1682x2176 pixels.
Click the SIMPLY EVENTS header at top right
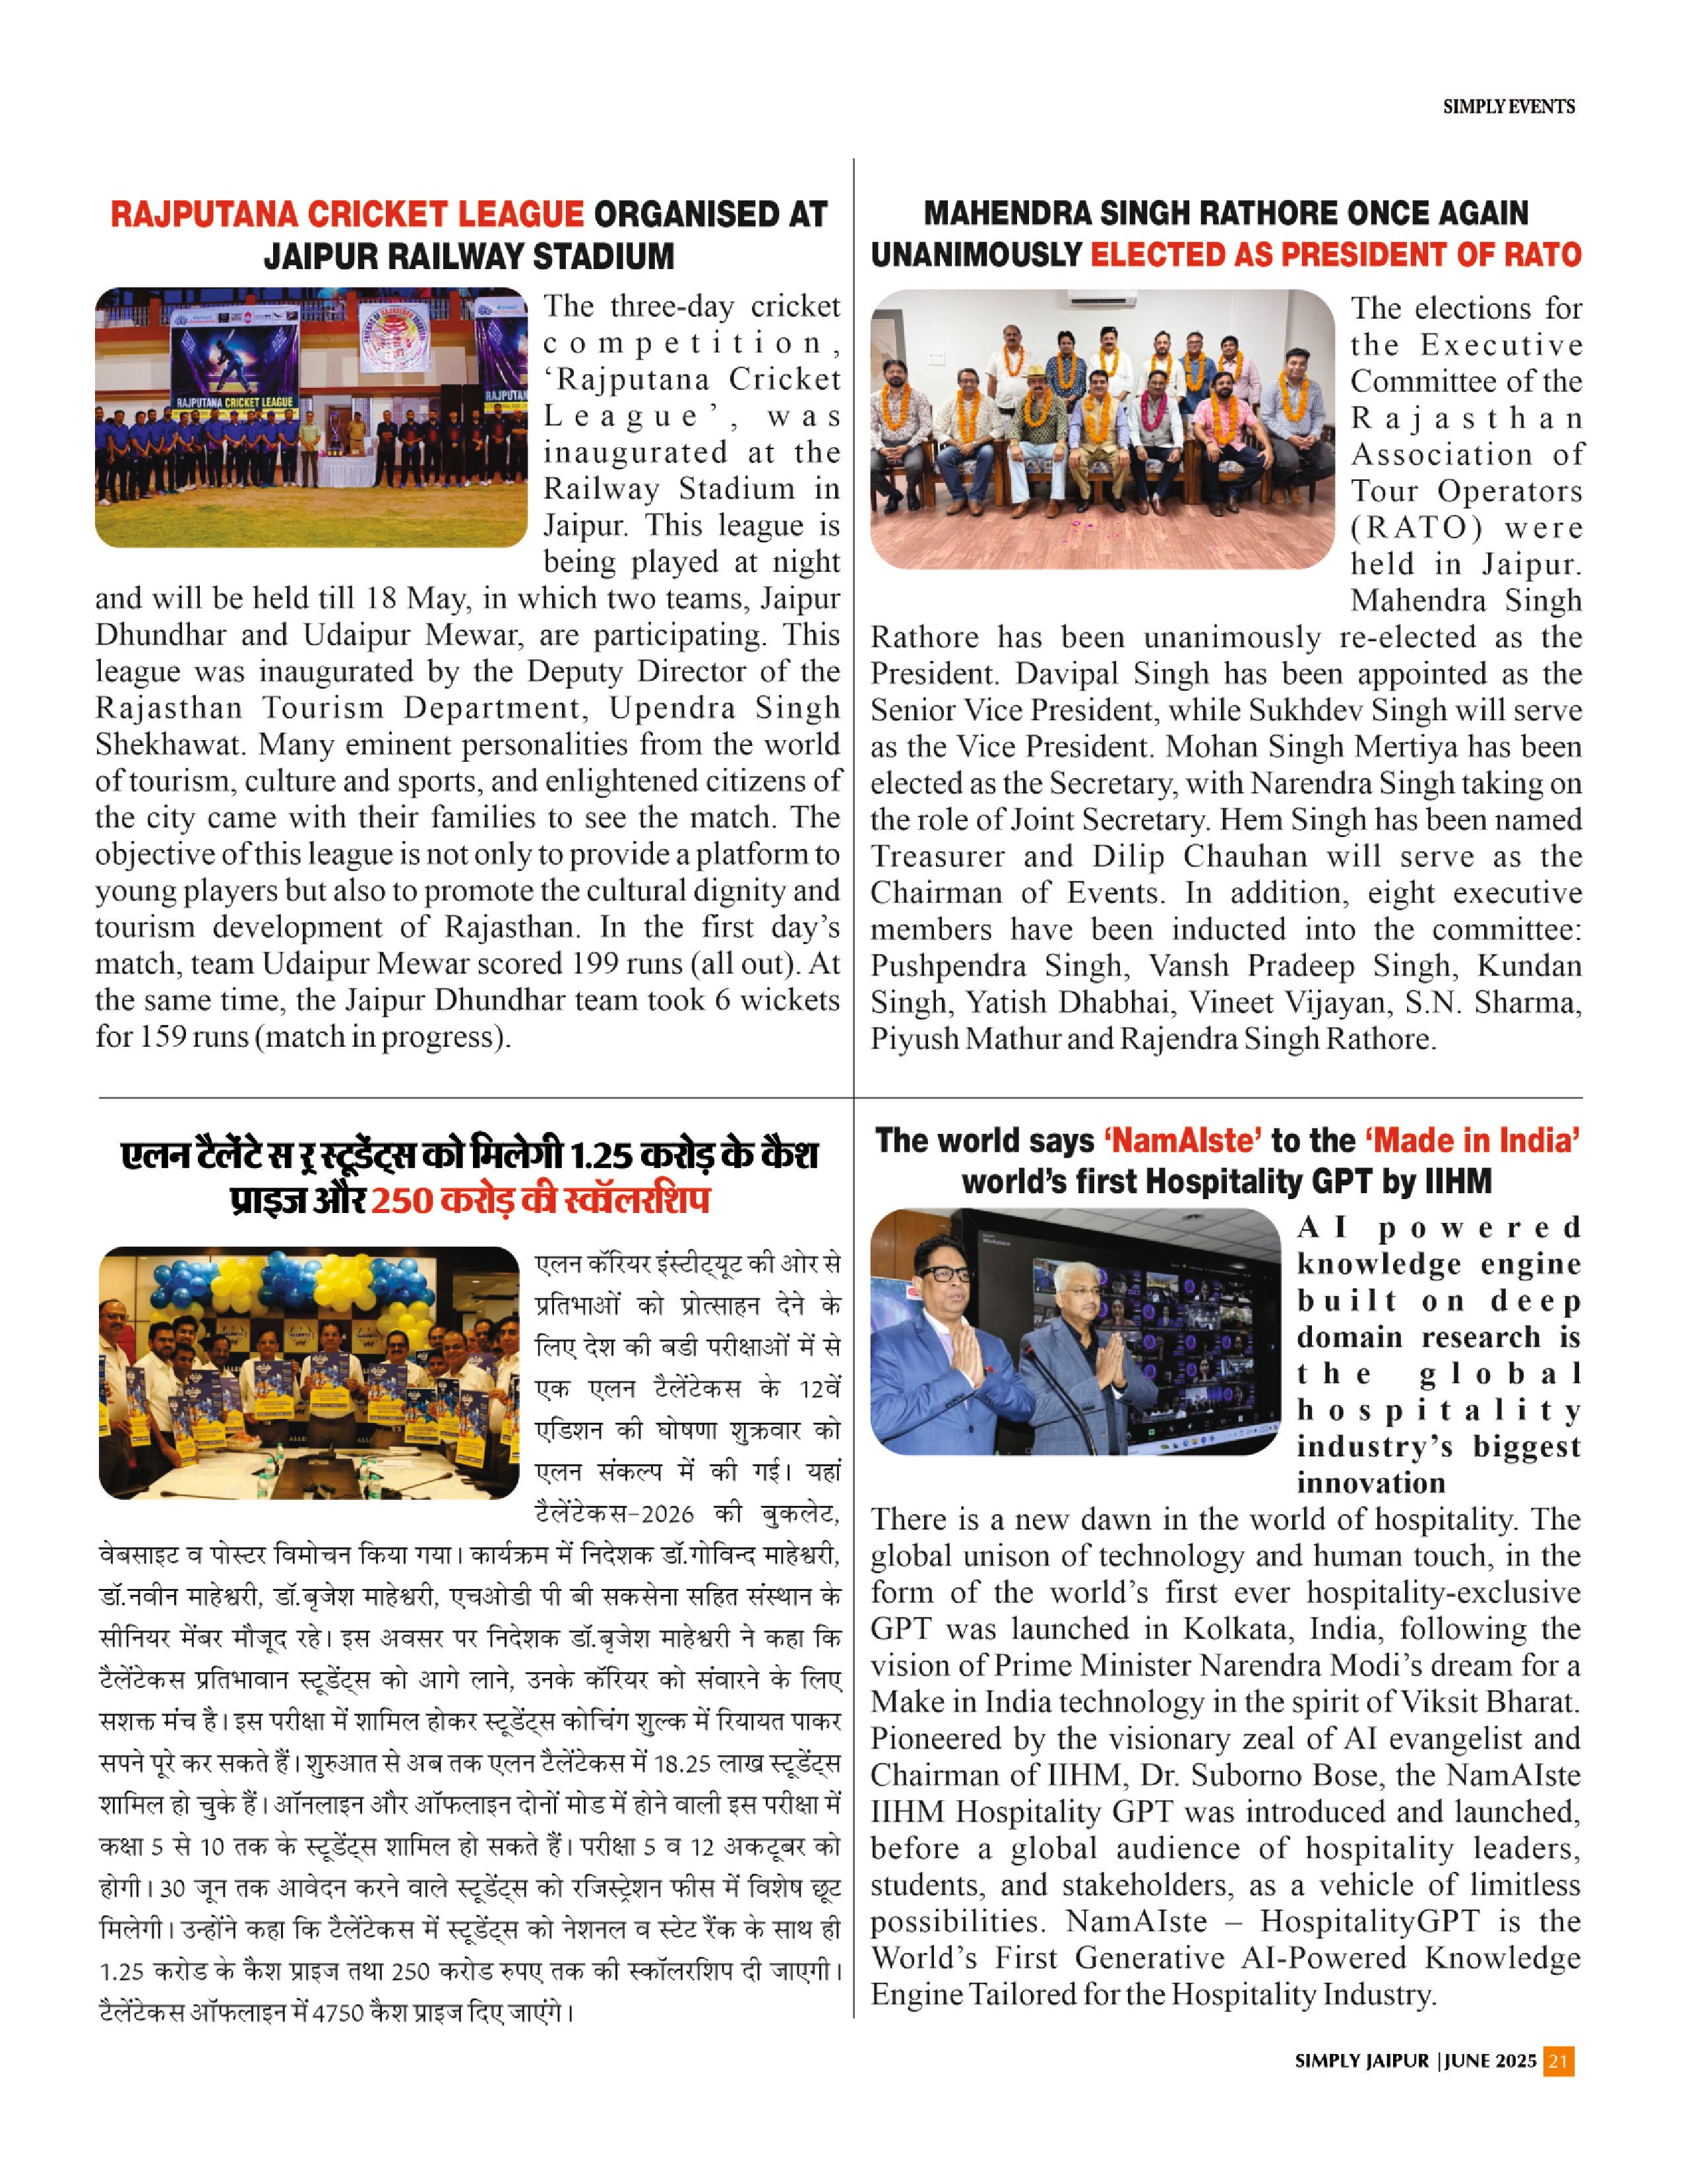tap(1509, 107)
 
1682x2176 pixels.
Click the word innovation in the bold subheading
tap(1370, 1483)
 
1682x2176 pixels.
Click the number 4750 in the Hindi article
tap(340, 2012)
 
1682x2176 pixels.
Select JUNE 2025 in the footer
tap(1489, 2088)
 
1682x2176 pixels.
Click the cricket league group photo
tap(311, 418)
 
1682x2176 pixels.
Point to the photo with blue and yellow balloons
tap(309, 1373)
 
